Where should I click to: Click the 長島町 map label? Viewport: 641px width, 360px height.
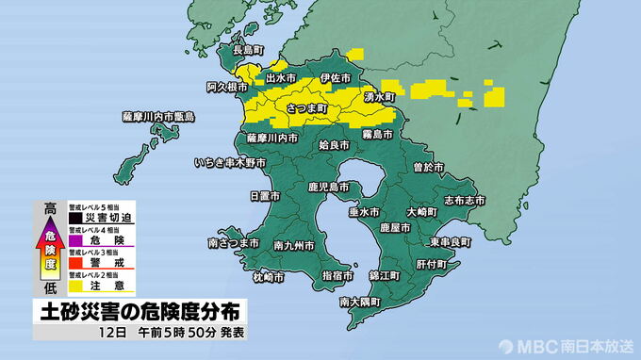pyautogui.click(x=250, y=50)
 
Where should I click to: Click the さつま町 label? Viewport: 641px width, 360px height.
pyautogui.click(x=305, y=109)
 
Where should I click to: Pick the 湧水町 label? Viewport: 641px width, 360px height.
pyautogui.click(x=384, y=96)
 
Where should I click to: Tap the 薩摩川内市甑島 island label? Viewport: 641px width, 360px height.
pyautogui.click(x=157, y=116)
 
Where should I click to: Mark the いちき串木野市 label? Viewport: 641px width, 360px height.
pyautogui.click(x=232, y=163)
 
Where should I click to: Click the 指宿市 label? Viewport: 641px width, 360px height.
pyautogui.click(x=337, y=275)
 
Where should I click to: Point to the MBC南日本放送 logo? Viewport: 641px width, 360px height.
pyautogui.click(x=566, y=345)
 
